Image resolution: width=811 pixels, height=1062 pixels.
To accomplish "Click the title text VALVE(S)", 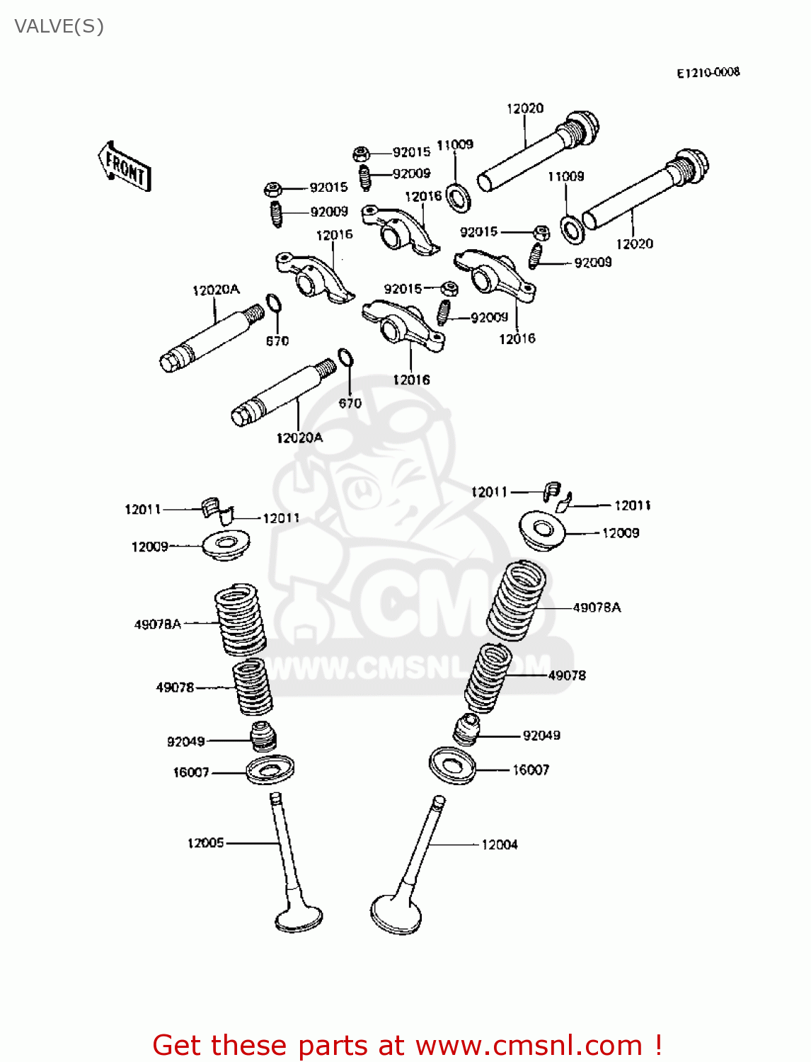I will point(59,27).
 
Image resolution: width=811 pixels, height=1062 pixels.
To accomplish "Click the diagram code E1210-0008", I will point(708,72).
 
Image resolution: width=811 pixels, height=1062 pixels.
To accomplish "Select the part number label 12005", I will point(205,843).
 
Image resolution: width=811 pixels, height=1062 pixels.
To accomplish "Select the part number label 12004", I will point(500,845).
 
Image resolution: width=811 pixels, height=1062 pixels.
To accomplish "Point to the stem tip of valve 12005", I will point(276,798).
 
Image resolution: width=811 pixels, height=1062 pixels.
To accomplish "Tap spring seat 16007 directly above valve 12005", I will point(270,770).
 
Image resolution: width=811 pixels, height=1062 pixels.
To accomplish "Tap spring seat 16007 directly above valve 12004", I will point(452,765).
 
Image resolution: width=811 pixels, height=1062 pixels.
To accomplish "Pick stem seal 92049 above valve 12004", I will point(466,729).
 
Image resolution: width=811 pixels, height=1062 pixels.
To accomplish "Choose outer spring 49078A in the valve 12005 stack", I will point(240,619).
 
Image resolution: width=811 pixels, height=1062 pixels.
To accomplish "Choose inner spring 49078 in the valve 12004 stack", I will point(488,678).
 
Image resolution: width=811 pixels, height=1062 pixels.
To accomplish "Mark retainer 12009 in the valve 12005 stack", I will point(226,545).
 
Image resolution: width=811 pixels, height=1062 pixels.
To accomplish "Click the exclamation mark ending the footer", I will point(657,1045).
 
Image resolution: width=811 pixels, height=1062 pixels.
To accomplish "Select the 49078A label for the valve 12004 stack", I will point(597,607).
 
